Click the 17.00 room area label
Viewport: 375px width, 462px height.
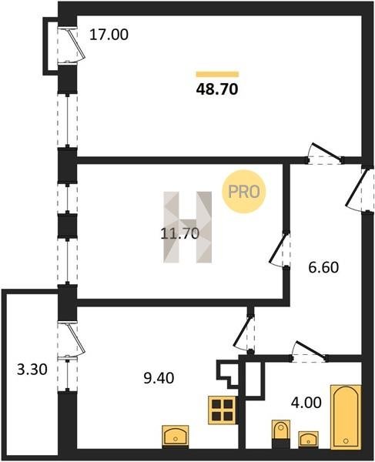coord(109,35)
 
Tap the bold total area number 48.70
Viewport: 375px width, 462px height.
coord(217,89)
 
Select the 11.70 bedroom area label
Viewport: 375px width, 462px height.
coord(180,233)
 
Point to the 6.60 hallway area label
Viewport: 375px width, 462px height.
coord(323,267)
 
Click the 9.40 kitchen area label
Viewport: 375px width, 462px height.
coord(159,378)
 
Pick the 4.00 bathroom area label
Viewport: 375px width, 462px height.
coord(306,403)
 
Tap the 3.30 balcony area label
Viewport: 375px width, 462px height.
coord(32,370)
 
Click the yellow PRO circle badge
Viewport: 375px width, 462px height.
coord(244,192)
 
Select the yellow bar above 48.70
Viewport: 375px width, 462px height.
coord(217,74)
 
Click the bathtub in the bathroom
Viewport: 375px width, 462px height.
coord(346,417)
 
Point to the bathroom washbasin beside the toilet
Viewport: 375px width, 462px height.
coord(308,440)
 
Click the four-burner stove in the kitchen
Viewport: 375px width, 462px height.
coord(223,410)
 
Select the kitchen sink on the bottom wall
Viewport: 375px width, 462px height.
coord(176,437)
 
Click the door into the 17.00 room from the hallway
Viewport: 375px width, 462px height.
coord(325,153)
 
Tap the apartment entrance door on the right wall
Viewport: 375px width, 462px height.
coord(360,189)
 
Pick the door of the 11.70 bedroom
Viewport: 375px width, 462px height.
coord(280,249)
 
